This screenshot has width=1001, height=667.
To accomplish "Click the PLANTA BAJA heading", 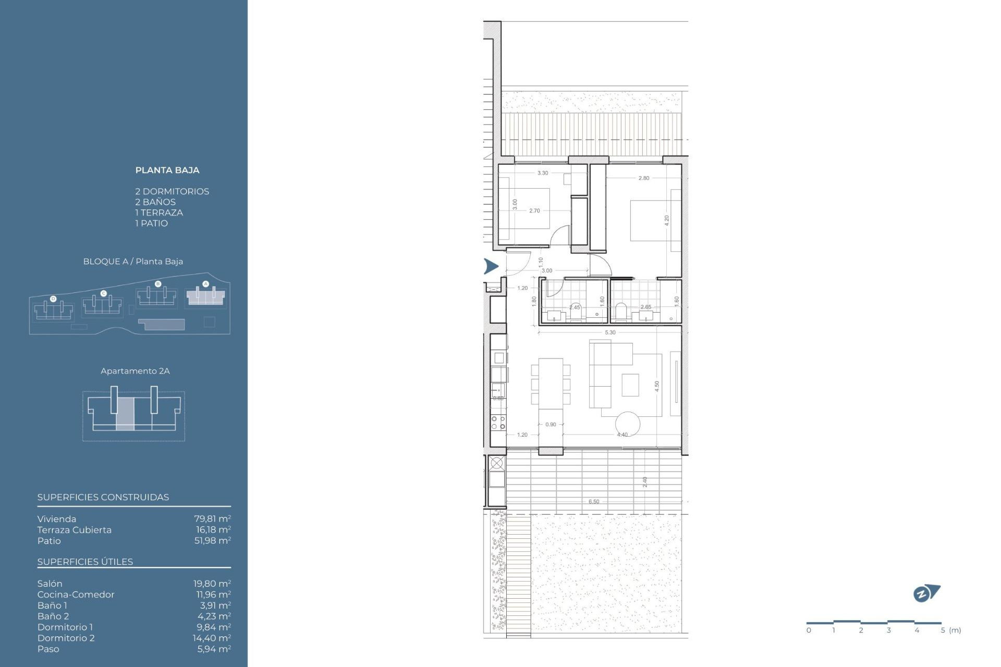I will [x=167, y=170].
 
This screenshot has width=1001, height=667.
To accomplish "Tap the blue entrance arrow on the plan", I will [x=491, y=266].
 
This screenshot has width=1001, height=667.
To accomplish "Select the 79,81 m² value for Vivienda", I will [x=212, y=519].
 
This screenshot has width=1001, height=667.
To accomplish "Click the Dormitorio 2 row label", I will [x=66, y=638].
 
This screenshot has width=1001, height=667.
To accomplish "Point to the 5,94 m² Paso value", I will [x=214, y=649].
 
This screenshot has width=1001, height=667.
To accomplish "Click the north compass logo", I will [x=926, y=593].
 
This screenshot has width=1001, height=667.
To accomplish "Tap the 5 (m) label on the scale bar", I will [x=950, y=630].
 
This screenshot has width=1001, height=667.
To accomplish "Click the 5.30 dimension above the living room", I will [x=610, y=332].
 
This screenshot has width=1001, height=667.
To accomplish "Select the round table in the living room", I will [x=627, y=424].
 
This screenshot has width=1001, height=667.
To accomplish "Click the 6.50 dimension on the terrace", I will [x=594, y=502].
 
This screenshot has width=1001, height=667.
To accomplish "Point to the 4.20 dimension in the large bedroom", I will [x=666, y=220].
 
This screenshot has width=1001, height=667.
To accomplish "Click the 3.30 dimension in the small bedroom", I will [x=543, y=173].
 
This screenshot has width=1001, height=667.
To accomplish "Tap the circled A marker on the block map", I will [x=205, y=284].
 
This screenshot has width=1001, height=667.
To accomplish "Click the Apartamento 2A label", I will [x=135, y=371].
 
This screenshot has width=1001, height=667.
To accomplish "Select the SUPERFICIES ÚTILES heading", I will [x=85, y=562].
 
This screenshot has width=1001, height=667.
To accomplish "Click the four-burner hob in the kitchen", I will [x=498, y=422].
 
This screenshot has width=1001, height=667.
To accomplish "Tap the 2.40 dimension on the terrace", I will [x=645, y=481].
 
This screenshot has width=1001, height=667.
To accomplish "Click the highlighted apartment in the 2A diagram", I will [x=125, y=414].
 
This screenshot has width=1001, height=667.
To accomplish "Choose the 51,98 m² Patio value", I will [x=212, y=541].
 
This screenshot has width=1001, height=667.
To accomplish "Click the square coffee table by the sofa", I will [x=630, y=385].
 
